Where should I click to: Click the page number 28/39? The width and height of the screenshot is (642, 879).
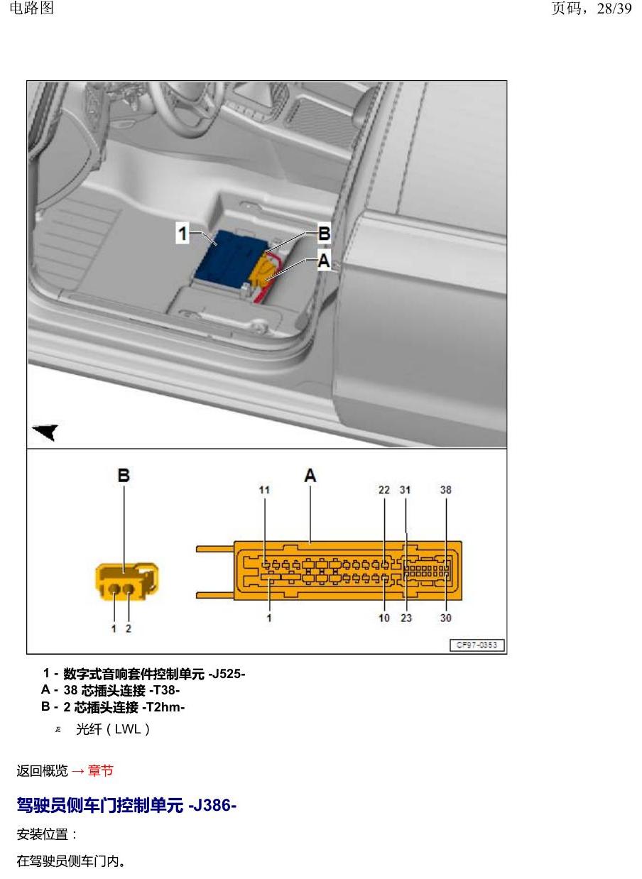(x=614, y=9)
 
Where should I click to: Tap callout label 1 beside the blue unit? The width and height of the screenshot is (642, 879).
(x=183, y=233)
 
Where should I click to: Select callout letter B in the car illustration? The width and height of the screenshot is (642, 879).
(x=324, y=234)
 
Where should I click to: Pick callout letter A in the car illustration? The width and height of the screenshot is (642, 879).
(x=324, y=260)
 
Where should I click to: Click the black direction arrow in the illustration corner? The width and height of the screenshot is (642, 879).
(x=45, y=432)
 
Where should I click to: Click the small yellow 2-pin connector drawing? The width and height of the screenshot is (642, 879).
(x=126, y=582)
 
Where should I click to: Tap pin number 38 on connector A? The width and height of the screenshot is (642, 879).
(x=445, y=490)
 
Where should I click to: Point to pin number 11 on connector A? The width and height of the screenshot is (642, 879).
(x=264, y=490)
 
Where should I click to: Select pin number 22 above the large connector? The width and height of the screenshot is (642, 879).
(x=383, y=490)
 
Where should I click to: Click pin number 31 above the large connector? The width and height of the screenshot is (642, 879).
(x=405, y=490)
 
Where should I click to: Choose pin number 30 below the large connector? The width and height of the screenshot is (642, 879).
(x=445, y=618)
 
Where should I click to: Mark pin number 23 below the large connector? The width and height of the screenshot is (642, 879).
(x=406, y=618)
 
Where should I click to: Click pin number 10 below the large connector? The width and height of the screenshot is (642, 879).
(x=383, y=618)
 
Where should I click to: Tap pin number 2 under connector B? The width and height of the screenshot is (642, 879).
(x=129, y=628)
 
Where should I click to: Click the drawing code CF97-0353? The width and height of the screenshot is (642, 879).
(x=477, y=645)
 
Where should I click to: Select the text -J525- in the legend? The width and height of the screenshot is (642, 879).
(x=227, y=675)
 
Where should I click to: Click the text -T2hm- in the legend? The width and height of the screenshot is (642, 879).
(x=163, y=707)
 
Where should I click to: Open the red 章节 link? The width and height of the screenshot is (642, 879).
(x=100, y=770)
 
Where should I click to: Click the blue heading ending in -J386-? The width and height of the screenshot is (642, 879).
(x=126, y=806)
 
